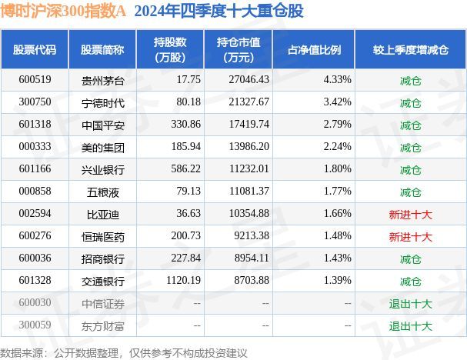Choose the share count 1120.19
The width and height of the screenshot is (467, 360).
(172, 282)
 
